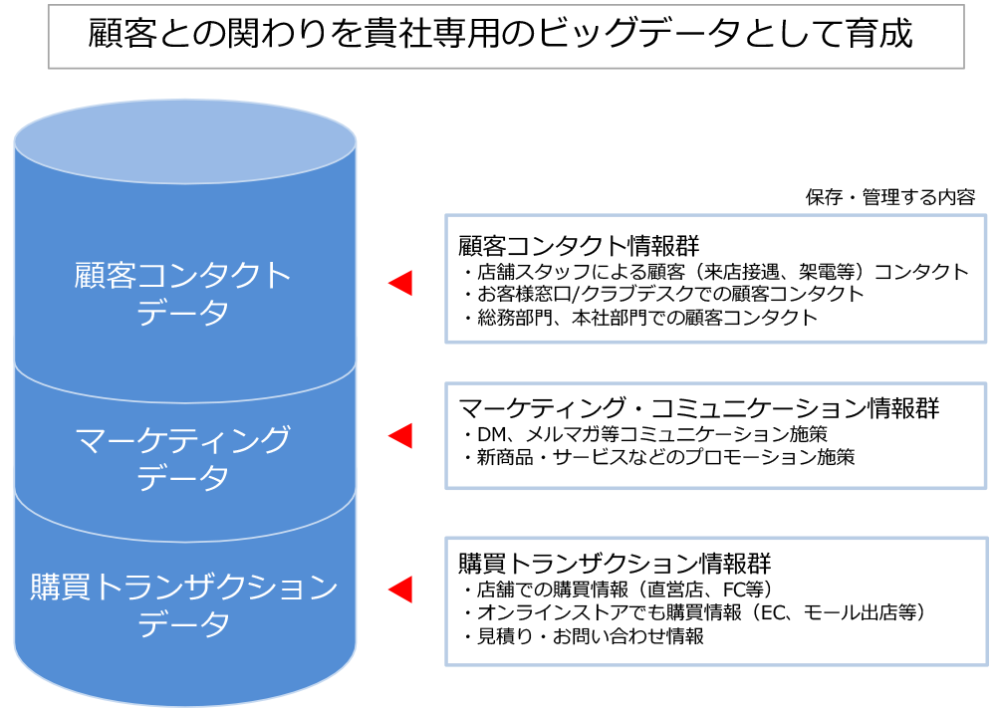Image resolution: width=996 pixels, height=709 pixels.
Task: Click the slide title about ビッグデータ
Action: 500,34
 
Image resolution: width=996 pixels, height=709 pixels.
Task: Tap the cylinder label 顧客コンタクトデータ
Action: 182,294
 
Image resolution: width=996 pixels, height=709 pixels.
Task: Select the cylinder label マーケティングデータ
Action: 182,458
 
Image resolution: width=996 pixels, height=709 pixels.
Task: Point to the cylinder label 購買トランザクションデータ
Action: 183,604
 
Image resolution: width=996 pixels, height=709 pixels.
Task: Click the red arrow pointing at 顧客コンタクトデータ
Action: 400,283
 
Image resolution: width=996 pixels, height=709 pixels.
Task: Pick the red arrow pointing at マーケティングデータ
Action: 400,436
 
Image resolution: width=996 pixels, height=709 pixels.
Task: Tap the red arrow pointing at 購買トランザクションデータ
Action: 400,590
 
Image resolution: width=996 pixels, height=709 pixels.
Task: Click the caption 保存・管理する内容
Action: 889,197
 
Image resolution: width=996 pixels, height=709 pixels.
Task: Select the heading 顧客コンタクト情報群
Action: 579,245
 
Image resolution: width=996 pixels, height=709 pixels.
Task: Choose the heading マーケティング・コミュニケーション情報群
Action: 699,408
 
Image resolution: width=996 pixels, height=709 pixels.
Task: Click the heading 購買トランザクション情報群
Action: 615,563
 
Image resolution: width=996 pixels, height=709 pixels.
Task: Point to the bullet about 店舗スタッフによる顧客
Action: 716,272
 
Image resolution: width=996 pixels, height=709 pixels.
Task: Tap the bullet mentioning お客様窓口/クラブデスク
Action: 663,294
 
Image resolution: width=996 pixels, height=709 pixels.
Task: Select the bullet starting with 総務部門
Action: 640,317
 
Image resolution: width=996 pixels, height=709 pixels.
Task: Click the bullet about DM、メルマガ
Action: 645,434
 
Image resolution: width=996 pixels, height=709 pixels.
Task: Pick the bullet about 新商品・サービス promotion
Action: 658,457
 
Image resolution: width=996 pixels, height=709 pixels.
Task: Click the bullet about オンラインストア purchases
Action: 696,612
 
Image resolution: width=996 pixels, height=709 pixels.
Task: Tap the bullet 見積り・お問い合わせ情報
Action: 584,636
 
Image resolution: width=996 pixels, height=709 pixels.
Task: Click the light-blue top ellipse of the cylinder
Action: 185,141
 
